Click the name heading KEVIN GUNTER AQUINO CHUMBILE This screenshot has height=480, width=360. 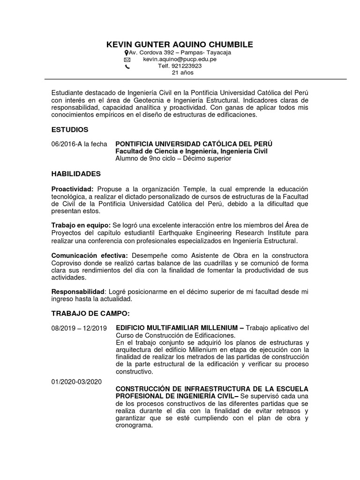point(180,45)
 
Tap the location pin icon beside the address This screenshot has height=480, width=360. point(127,53)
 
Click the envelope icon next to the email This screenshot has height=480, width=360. point(127,60)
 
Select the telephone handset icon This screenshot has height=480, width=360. point(127,67)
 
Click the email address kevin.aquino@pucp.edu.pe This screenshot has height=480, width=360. point(180,60)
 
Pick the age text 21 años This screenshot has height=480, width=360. point(183,73)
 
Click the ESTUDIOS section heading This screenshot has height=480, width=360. point(70,129)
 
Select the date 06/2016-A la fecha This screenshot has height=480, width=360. point(79,144)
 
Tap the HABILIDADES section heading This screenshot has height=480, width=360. point(76,174)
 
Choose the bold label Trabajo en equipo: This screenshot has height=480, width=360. point(80,226)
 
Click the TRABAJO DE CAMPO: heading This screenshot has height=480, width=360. point(90,313)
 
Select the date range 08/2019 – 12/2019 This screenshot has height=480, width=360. point(79,328)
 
